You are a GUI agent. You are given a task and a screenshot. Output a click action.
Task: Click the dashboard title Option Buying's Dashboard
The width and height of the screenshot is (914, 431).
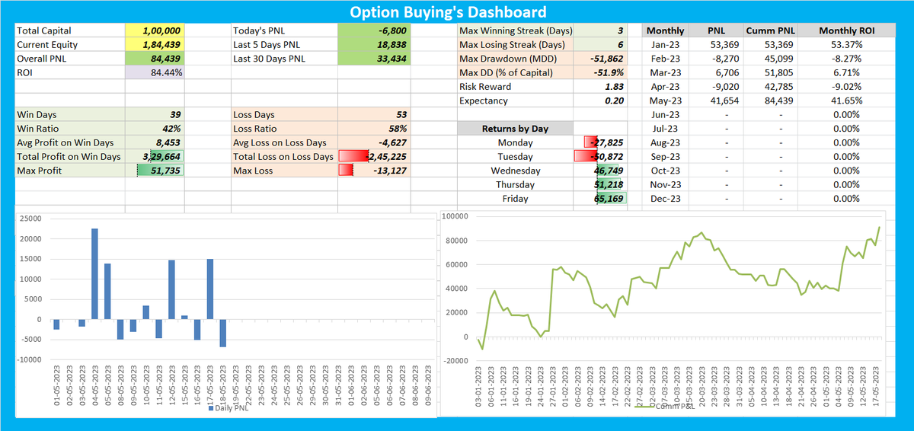pos(448,12)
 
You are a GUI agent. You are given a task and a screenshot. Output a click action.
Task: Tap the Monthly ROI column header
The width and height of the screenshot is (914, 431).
pos(846,30)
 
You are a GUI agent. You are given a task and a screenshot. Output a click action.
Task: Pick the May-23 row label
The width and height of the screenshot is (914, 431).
pos(665,101)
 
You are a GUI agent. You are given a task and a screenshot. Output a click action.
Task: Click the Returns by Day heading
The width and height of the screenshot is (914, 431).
pos(515,129)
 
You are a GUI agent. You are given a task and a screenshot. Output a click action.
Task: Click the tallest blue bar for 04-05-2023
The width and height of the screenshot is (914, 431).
pos(94,274)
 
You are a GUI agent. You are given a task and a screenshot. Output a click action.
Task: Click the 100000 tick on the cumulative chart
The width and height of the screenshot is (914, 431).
pos(455,217)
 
